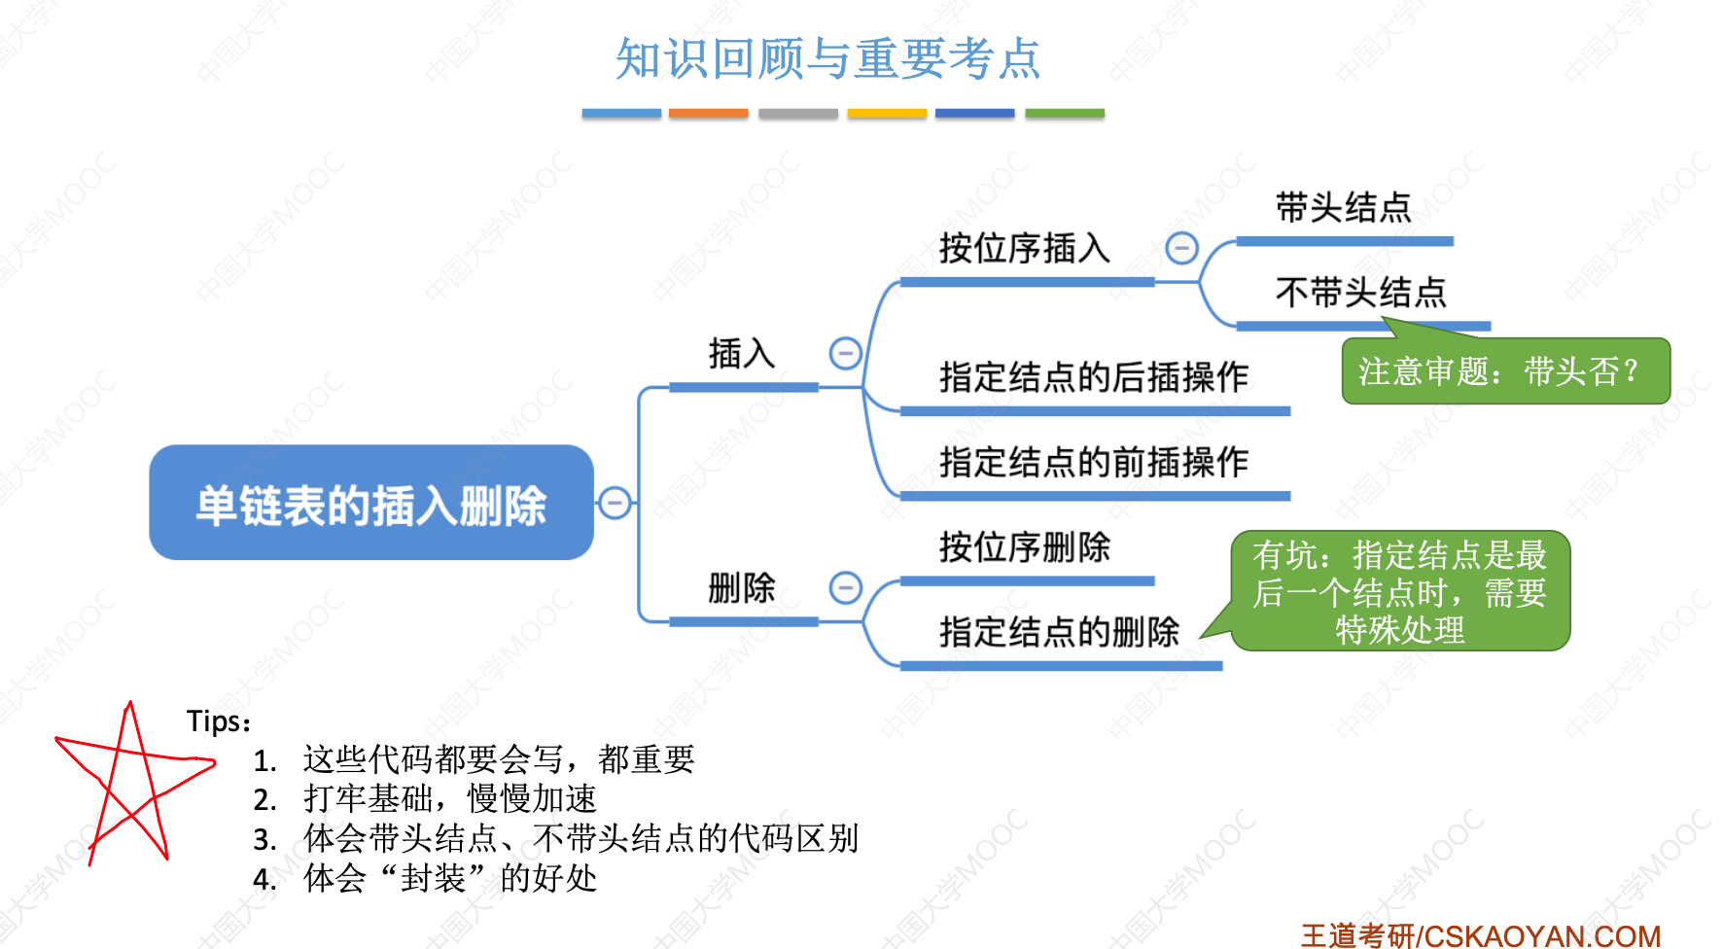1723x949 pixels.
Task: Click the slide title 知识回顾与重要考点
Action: (827, 58)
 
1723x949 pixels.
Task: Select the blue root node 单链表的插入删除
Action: (371, 504)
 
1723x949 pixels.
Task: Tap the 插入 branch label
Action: (742, 354)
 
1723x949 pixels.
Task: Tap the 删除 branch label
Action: (742, 588)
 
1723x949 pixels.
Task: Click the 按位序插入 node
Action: (1024, 249)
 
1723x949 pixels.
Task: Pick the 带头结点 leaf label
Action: (1343, 208)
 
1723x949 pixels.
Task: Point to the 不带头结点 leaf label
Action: (1360, 293)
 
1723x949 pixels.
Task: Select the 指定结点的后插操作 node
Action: (1094, 377)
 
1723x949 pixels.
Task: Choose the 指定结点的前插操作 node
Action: (1094, 462)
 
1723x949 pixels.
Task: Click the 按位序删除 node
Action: (1024, 547)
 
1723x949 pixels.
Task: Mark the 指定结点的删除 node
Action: (1059, 632)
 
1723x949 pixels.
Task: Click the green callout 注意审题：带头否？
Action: (1505, 371)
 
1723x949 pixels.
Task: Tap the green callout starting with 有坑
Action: (1400, 591)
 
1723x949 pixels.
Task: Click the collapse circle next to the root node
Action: (615, 503)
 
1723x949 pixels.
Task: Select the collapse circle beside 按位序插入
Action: (1181, 249)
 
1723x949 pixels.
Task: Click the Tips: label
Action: (219, 721)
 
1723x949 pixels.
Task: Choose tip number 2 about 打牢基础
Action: (425, 799)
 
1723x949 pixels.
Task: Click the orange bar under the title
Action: (708, 114)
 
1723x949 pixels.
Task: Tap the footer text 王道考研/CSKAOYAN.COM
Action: (1480, 935)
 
